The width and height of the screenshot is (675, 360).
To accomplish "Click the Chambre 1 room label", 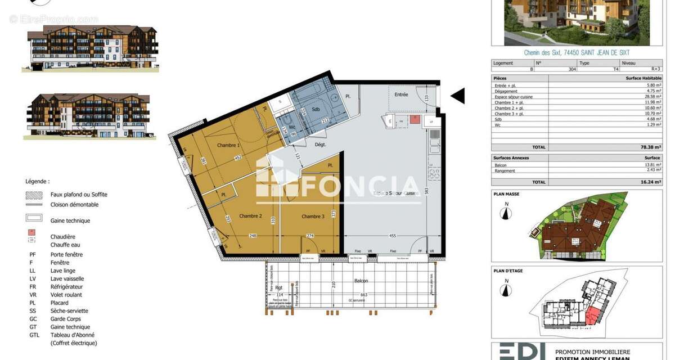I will click(x=228, y=145).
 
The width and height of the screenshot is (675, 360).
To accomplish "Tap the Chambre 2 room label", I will click(x=250, y=216).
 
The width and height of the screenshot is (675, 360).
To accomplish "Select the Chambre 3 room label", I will click(x=313, y=217).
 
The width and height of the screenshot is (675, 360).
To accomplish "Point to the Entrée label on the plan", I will click(x=401, y=94).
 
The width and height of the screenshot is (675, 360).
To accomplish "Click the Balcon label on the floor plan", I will click(x=361, y=280).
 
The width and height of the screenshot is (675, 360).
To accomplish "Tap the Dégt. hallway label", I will click(x=320, y=145).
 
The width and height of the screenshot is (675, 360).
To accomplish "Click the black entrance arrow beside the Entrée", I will click(x=458, y=96).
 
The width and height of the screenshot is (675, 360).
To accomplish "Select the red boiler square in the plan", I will click(x=415, y=119).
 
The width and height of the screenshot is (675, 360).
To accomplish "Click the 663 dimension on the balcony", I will click(x=364, y=294).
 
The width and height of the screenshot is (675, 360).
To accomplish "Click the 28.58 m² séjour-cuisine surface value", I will click(x=652, y=97).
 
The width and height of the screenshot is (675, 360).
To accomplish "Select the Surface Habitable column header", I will click(x=643, y=78).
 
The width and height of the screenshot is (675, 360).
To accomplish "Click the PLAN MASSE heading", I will click(x=506, y=193).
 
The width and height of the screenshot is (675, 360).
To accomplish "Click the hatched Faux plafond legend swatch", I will click(x=34, y=195).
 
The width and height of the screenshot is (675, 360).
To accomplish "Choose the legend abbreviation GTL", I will click(x=34, y=335).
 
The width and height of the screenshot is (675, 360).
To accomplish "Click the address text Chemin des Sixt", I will click(x=546, y=53).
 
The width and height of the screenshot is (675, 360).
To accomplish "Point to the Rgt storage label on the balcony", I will click(x=279, y=287).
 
